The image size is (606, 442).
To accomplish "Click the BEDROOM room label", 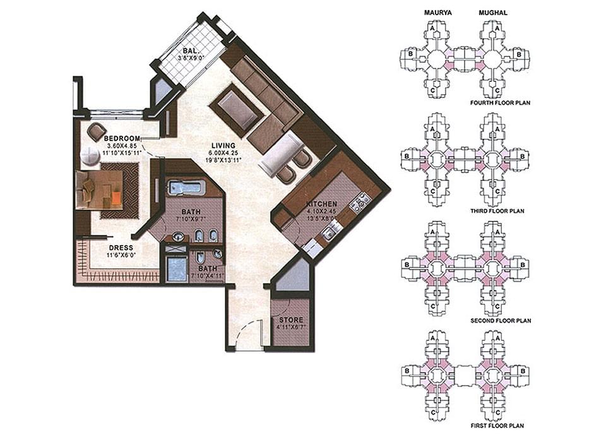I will click(x=121, y=138).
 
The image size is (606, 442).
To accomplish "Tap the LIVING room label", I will click(x=224, y=146).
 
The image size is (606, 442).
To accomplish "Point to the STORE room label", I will click(x=290, y=320).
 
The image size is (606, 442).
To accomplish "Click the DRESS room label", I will click(x=121, y=247).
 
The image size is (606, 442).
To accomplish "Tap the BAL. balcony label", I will click(x=190, y=51).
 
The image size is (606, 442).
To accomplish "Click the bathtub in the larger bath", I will click(x=185, y=188).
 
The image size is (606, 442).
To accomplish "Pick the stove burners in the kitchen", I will click(x=360, y=202).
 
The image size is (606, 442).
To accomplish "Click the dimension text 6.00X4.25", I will click(x=224, y=153).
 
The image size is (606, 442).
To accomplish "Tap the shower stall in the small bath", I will click(x=177, y=269).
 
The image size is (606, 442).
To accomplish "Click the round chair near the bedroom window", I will click(x=97, y=131).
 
